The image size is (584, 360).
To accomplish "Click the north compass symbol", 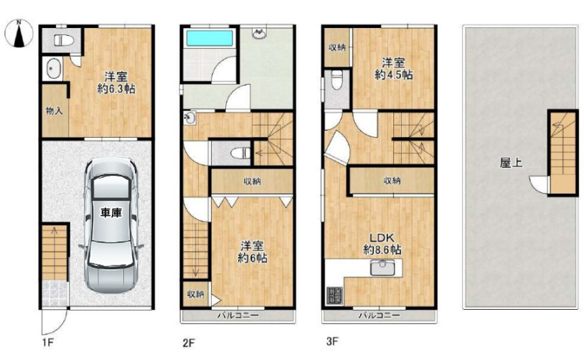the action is coord(19,34).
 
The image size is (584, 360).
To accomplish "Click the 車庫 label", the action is coord(111,213).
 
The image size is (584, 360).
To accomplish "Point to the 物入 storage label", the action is coord(54,110).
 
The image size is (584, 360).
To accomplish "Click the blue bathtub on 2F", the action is coord(209,38).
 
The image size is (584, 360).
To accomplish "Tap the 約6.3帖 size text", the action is coord(116,90).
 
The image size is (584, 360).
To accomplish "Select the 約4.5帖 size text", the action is coord(393,75).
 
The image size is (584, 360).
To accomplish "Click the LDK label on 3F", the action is coord(382,237).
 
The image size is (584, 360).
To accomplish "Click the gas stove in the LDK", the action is coord(334,295).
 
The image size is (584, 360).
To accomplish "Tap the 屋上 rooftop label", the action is coord(511,163).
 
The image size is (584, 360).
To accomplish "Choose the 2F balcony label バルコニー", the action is coord(238,316).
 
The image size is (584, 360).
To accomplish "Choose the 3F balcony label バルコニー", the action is coord(379,316).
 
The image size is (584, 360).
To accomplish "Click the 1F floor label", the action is coord(48,342).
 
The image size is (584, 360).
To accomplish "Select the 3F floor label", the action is coord(332,341).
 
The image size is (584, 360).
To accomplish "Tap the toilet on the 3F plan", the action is coord(337,80).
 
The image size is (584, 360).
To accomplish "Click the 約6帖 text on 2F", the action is coord(253,257).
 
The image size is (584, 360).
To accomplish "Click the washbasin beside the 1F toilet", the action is coord(53,69).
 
